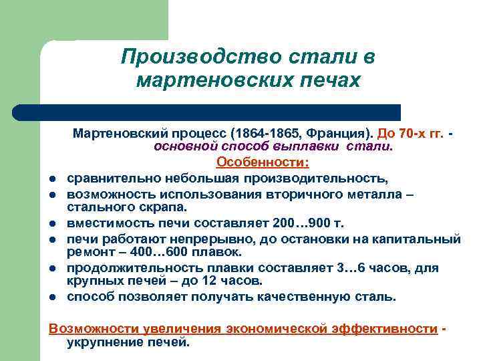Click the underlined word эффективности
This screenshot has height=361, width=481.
coord(385,328)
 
